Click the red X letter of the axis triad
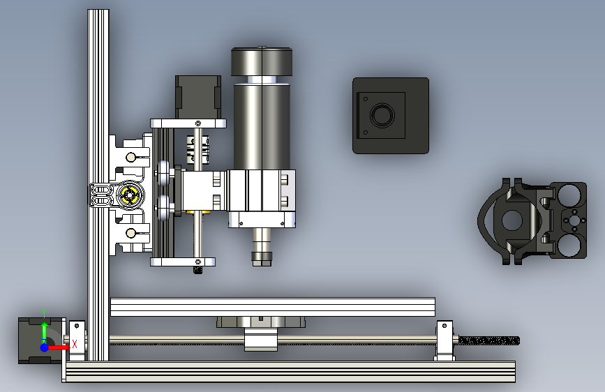tap(75, 344)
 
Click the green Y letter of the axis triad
tap(44, 313)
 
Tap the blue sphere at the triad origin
tap(45, 347)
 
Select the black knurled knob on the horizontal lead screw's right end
tap(489, 340)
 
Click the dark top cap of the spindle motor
tap(262, 61)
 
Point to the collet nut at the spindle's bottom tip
tap(262, 259)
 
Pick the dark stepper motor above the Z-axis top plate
tap(198, 97)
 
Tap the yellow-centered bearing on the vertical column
tap(129, 195)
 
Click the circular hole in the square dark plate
tap(382, 115)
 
